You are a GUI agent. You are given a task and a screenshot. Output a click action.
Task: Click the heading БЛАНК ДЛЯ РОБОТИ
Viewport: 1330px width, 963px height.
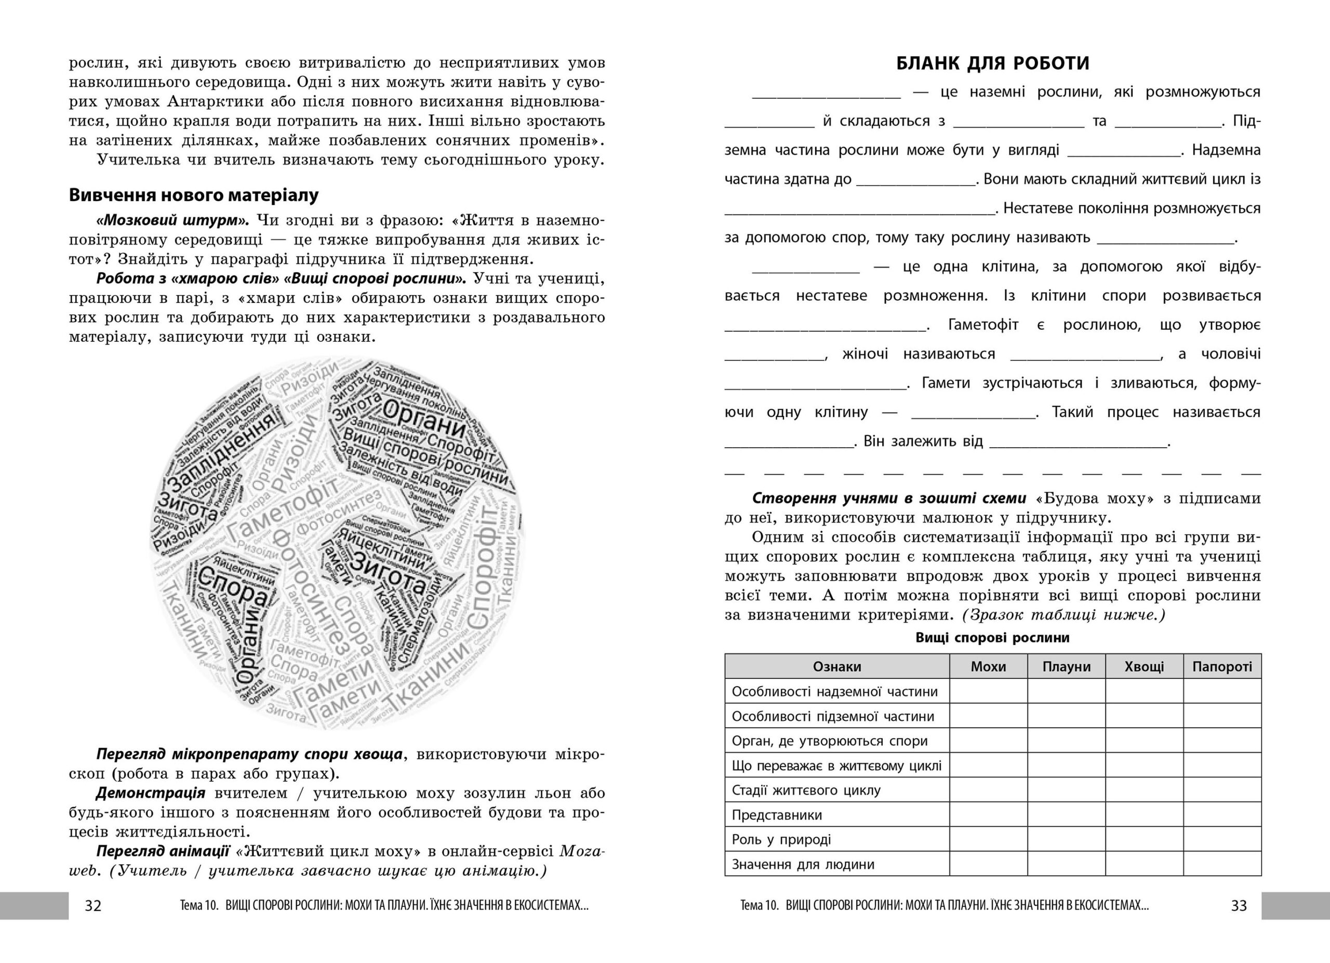click(x=993, y=63)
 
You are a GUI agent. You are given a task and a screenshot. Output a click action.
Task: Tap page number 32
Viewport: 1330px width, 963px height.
click(x=93, y=905)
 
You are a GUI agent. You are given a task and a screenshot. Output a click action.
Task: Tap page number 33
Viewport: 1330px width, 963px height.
click(x=1239, y=905)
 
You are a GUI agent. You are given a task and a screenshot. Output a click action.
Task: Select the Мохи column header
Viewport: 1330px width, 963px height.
click(x=988, y=666)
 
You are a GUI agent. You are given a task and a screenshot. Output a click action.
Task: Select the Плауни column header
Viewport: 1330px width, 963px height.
click(x=1066, y=666)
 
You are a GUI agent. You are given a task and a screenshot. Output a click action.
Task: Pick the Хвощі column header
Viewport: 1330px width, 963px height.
click(x=1144, y=666)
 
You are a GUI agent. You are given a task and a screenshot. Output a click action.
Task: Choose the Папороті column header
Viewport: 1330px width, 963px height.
click(x=1222, y=666)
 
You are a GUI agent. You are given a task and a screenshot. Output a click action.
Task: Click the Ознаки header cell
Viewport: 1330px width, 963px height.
click(x=837, y=666)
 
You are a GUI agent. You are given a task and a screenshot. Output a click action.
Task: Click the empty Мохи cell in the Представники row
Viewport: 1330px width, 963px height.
click(x=988, y=815)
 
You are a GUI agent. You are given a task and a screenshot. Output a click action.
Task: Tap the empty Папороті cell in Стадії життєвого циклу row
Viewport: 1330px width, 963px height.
click(x=1222, y=790)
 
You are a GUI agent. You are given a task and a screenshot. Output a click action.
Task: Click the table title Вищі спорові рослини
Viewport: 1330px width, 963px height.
click(x=993, y=638)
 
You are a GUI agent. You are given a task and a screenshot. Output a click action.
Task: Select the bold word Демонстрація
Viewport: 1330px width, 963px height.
click(x=151, y=793)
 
